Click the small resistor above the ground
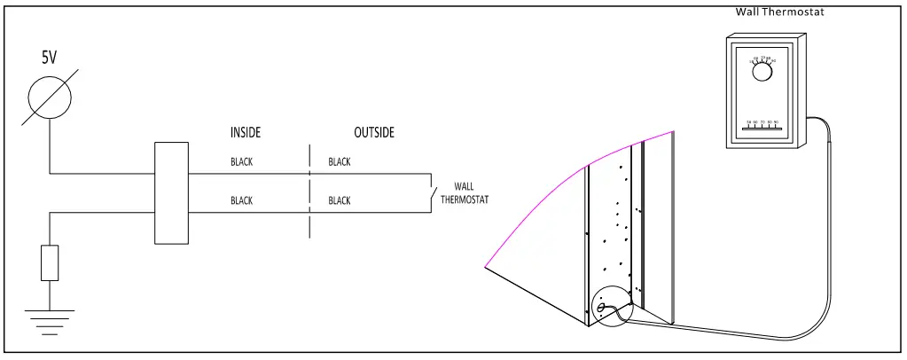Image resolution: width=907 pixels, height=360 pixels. point(49,262)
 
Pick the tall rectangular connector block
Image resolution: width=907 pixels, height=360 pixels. point(171,192)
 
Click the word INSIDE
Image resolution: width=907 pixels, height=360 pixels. point(246,133)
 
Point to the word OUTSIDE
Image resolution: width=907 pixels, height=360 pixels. point(374,133)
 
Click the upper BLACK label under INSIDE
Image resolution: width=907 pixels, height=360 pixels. point(241,162)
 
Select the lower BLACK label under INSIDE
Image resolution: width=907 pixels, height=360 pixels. point(241,201)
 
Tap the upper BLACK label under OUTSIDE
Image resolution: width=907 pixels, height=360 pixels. point(340,162)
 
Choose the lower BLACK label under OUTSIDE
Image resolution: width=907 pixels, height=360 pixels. point(340,201)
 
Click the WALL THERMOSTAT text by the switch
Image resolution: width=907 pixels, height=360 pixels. point(465,193)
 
